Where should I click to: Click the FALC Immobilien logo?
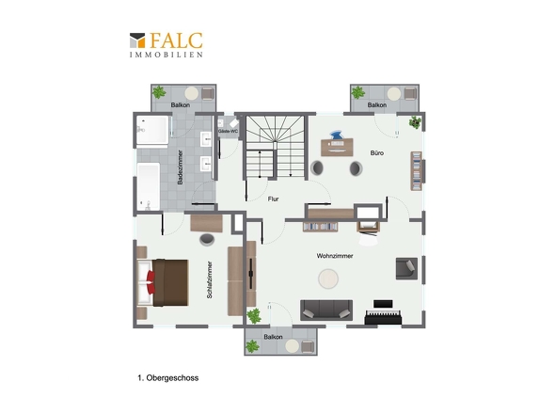[166, 44]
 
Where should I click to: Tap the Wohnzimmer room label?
[335, 256]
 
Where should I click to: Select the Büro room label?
[377, 153]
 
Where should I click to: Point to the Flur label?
[273, 199]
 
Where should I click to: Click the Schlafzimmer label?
[210, 279]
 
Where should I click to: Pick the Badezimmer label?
[181, 167]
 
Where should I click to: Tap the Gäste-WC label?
[228, 131]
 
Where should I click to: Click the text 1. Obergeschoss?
[168, 378]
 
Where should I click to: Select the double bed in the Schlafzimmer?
[163, 282]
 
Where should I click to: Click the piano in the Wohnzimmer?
[383, 313]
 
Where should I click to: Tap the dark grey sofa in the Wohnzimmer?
[326, 310]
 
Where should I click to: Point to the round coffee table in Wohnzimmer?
[328, 279]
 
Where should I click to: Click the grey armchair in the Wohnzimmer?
[406, 268]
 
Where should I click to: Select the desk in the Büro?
[337, 147]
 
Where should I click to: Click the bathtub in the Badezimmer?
[149, 186]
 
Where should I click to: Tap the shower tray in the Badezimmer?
[153, 131]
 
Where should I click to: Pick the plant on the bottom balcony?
[252, 346]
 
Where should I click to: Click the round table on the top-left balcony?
[192, 93]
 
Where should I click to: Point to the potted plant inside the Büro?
[415, 122]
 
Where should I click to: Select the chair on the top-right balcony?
[410, 93]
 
